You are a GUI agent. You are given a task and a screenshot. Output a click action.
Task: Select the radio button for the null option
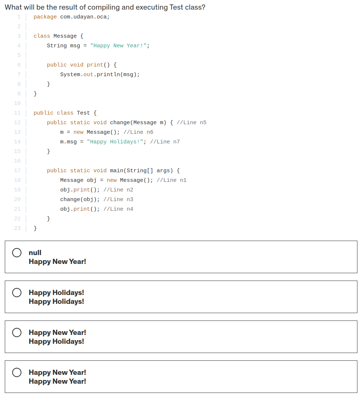click(x=17, y=252)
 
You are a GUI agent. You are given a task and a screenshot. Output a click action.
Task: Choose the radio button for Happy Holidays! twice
click(x=17, y=292)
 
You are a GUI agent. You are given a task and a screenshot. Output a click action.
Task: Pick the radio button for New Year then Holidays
click(x=17, y=332)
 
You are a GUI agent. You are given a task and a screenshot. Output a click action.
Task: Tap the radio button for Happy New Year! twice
click(x=17, y=372)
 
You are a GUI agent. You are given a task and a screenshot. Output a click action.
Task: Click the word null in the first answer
click(x=35, y=253)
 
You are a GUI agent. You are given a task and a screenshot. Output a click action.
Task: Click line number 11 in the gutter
click(x=17, y=113)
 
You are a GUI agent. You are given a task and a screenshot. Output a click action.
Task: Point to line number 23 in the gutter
click(x=17, y=228)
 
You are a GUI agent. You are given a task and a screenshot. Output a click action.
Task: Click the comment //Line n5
click(x=192, y=123)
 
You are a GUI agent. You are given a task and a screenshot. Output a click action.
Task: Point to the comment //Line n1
click(x=172, y=180)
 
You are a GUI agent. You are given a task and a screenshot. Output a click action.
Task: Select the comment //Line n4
click(x=118, y=209)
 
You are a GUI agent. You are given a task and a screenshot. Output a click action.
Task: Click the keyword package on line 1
click(x=45, y=17)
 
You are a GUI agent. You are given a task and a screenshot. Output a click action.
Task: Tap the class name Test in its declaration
click(x=83, y=113)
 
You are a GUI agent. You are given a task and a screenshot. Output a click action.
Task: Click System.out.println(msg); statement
click(x=100, y=74)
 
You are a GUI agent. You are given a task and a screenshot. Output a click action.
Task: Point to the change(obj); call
click(x=80, y=200)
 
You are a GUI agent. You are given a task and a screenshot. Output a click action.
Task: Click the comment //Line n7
click(x=165, y=142)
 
